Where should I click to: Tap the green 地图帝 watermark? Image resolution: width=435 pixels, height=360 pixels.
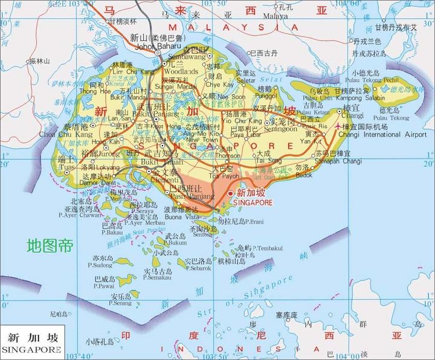click(x=50, y=246)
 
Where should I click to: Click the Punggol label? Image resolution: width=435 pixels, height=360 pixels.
click(x=266, y=95)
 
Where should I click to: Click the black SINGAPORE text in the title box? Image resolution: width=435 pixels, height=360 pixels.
click(x=31, y=349)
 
